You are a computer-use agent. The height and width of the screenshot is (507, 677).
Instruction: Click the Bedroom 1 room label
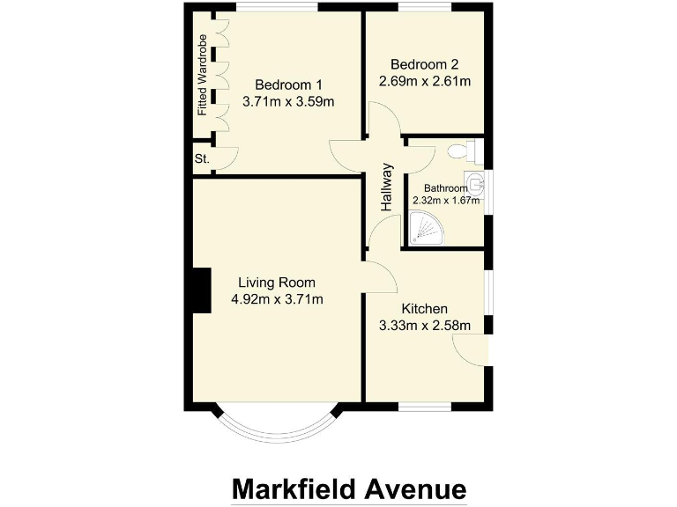[288, 84]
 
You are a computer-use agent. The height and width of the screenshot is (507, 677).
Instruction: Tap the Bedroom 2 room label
[425, 64]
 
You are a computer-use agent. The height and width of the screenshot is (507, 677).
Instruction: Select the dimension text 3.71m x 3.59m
[288, 102]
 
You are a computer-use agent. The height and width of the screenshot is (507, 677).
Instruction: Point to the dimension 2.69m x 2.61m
[425, 82]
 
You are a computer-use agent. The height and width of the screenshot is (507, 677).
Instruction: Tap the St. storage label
[202, 159]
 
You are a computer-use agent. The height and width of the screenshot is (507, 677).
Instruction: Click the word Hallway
[386, 187]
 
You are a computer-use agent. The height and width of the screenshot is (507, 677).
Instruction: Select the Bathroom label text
[445, 187]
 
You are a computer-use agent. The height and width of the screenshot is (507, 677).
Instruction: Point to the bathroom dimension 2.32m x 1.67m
[446, 200]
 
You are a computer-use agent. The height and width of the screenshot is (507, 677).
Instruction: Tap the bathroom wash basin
[476, 184]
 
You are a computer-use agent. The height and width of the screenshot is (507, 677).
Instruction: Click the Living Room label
[277, 283]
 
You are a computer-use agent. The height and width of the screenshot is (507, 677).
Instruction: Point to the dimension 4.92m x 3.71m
[277, 300]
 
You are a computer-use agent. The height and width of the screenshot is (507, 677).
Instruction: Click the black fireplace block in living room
[202, 290]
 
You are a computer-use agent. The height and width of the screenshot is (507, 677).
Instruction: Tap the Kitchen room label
[425, 309]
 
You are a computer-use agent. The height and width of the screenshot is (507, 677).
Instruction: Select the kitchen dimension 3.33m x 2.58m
[425, 327]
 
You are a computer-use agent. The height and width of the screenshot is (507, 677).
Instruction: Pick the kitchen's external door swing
[471, 349]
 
